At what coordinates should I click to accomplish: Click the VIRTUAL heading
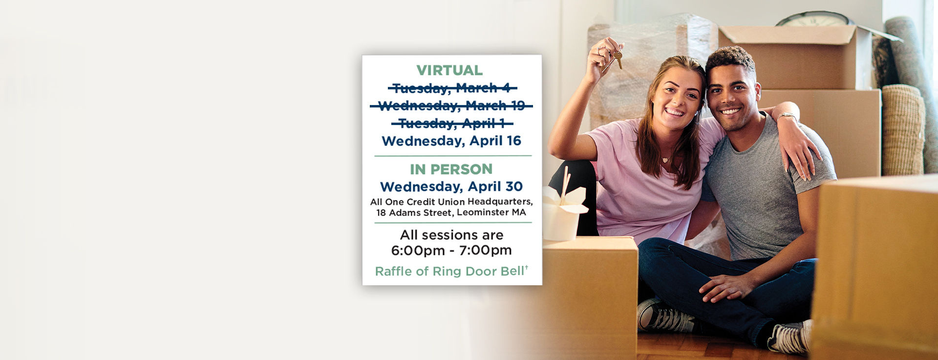coord(449,70)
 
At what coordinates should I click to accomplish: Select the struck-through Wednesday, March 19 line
coord(451,106)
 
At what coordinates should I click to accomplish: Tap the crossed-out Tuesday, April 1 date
coord(452,124)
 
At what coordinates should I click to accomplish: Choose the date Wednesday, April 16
coord(451,141)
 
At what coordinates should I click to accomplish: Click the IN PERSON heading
coord(451,169)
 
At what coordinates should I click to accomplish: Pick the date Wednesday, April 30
coord(451,187)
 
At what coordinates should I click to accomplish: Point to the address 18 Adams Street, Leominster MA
coord(451,212)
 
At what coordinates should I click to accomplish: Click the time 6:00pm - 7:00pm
coord(451,251)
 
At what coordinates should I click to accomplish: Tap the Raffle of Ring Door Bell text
coord(451,271)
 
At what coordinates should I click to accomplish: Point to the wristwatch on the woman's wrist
coord(787,116)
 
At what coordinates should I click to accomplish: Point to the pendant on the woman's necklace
coord(665,160)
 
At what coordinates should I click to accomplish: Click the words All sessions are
coord(451,235)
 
